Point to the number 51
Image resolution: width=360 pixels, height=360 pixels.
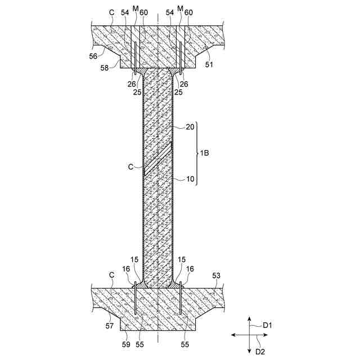coord(209,65)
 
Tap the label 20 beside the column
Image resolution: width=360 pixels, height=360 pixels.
coord(190,128)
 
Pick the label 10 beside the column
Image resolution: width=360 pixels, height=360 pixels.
coord(190,179)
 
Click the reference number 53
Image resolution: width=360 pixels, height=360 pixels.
coord(217,276)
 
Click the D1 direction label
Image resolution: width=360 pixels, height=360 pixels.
coord(268,325)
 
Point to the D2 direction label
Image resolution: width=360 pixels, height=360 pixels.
coord(260,352)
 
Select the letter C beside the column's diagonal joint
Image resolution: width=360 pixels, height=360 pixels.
coord(130,166)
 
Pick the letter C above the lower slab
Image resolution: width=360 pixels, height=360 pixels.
coord(111,276)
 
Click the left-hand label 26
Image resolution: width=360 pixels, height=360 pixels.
coord(131,84)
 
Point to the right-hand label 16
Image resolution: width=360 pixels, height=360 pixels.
coord(190,269)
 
